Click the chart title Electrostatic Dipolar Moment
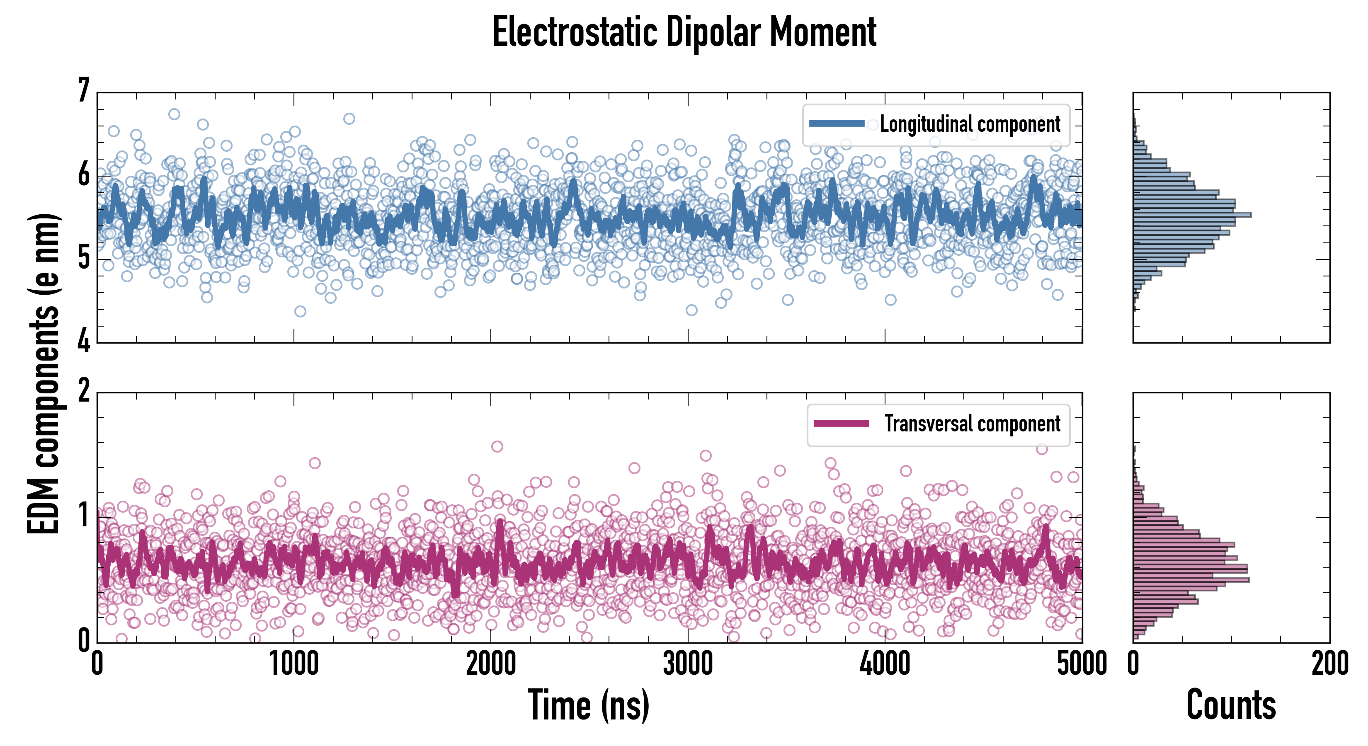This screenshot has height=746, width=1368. pos(684,33)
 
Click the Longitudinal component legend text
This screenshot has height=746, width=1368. pos(970,124)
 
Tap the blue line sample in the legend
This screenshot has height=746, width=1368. pos(837,124)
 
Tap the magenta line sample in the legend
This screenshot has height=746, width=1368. pos(841,423)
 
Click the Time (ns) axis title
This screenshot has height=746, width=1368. pos(588,705)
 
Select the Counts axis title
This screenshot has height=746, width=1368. pos(1231,705)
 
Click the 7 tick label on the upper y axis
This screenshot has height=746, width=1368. pos(84,90)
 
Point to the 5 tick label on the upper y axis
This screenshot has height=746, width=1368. pos(84,259)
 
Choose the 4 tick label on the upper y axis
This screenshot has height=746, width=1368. pos(84,342)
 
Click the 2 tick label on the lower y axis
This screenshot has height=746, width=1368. pos(84,391)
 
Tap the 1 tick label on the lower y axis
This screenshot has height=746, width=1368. pos(84,516)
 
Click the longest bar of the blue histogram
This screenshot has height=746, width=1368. pos(1192,215)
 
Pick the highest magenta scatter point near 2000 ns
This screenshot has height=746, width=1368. pos(497,446)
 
